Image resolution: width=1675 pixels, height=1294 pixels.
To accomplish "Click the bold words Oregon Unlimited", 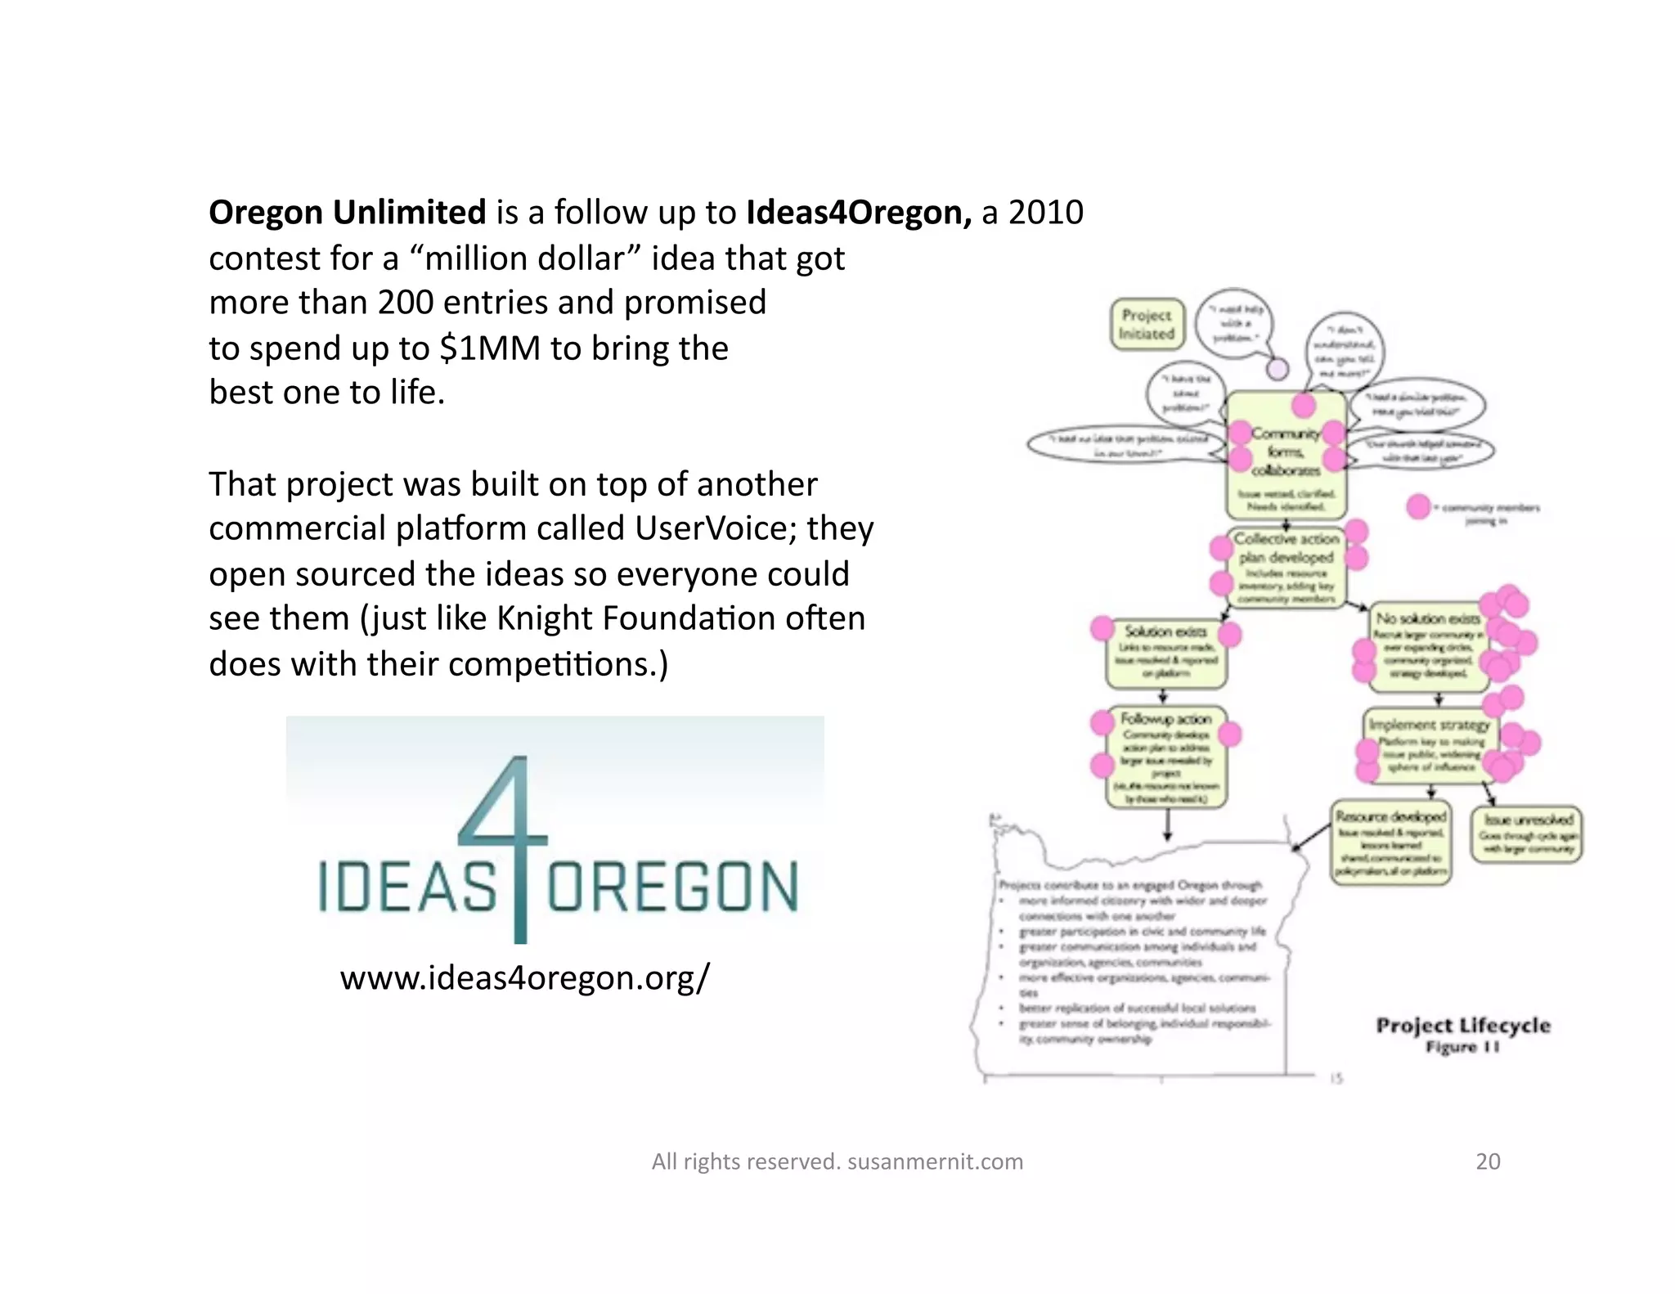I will coord(347,213).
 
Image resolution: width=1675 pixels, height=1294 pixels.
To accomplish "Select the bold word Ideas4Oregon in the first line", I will coord(858,213).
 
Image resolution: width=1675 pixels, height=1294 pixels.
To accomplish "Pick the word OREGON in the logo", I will coord(672,887).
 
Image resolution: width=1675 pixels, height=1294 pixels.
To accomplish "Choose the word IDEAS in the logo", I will coord(406,887).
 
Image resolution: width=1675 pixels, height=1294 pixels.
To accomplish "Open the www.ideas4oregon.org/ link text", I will coord(525,977).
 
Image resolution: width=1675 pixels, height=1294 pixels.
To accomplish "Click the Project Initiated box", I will coord(1147,325).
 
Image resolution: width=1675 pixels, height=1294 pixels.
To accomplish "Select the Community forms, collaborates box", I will coord(1287,455).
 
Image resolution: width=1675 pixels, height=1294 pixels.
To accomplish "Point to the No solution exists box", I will coord(1428,645).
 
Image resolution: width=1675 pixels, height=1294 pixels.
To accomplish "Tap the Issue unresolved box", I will coord(1528,833).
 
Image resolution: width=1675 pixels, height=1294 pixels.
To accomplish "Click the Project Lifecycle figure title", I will coord(1463,1026).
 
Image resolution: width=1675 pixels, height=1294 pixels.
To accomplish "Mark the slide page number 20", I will coord(1488,1161).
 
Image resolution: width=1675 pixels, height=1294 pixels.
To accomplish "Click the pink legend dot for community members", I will coord(1419,507).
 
